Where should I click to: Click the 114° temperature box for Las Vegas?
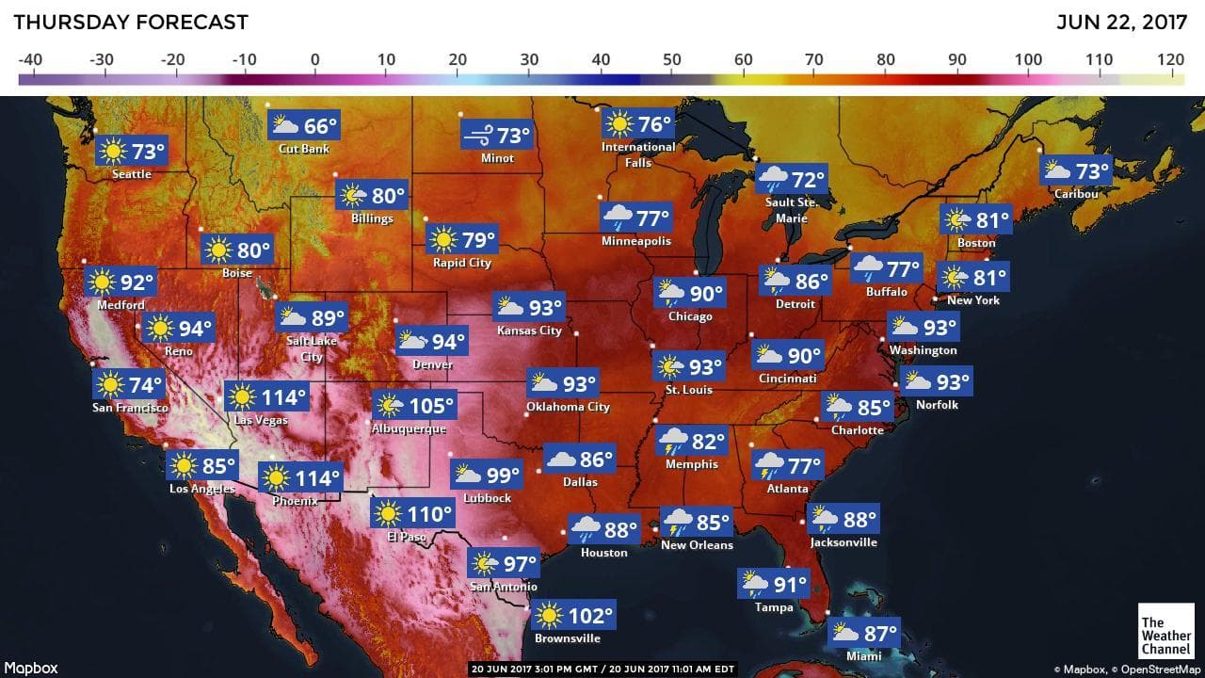(x=266, y=397)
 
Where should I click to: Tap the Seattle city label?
(x=132, y=174)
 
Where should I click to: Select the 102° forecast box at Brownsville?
(x=573, y=617)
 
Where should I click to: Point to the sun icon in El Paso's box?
(x=387, y=514)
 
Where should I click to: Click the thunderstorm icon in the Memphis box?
(x=673, y=441)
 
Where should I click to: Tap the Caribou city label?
(x=1076, y=193)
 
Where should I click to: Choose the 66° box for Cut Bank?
(x=304, y=126)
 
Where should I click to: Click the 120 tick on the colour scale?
(x=1171, y=60)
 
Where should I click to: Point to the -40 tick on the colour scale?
(x=30, y=60)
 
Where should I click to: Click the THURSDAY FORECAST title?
(x=131, y=22)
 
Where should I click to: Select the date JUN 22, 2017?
(x=1123, y=22)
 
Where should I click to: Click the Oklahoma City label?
(x=569, y=407)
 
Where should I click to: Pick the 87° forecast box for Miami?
(x=864, y=633)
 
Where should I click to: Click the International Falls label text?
(x=638, y=154)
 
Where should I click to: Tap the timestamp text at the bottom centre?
(x=602, y=670)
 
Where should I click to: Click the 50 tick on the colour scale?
(x=672, y=60)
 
